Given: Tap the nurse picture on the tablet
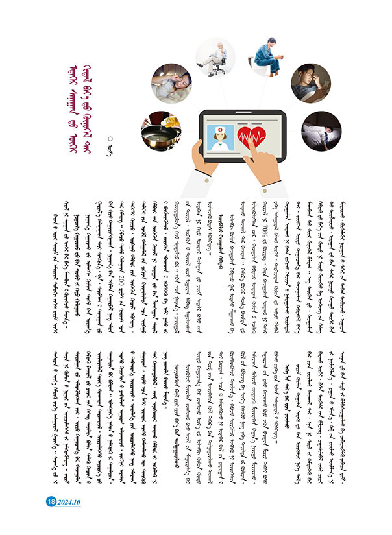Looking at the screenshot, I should (217, 136).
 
